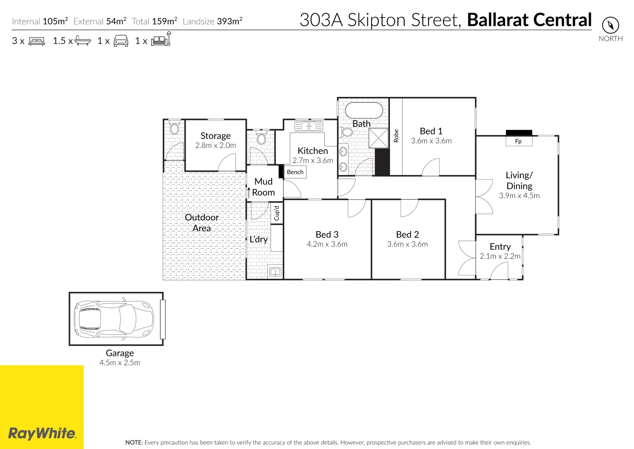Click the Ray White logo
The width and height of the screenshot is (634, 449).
click(x=42, y=434)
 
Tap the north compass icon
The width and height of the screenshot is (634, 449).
click(x=610, y=25)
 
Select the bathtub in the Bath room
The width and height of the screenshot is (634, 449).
click(x=364, y=111)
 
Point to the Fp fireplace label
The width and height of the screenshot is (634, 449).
click(x=518, y=141)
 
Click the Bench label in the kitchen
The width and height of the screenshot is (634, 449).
click(x=295, y=172)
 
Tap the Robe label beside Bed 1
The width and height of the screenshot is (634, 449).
click(x=396, y=136)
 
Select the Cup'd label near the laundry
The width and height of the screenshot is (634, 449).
click(x=277, y=213)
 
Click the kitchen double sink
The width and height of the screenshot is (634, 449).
click(x=308, y=126)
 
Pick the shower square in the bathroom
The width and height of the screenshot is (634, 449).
click(x=379, y=138)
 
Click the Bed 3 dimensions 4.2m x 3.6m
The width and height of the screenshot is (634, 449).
click(x=327, y=244)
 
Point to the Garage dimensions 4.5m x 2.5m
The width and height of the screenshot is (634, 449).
click(x=120, y=363)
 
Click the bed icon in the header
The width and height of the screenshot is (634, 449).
click(x=37, y=41)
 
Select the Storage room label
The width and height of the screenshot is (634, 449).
click(x=215, y=136)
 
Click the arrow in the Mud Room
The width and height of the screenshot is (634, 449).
click(x=249, y=192)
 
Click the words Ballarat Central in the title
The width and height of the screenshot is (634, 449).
click(x=529, y=20)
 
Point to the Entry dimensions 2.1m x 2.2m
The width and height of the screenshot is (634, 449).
click(x=500, y=257)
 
